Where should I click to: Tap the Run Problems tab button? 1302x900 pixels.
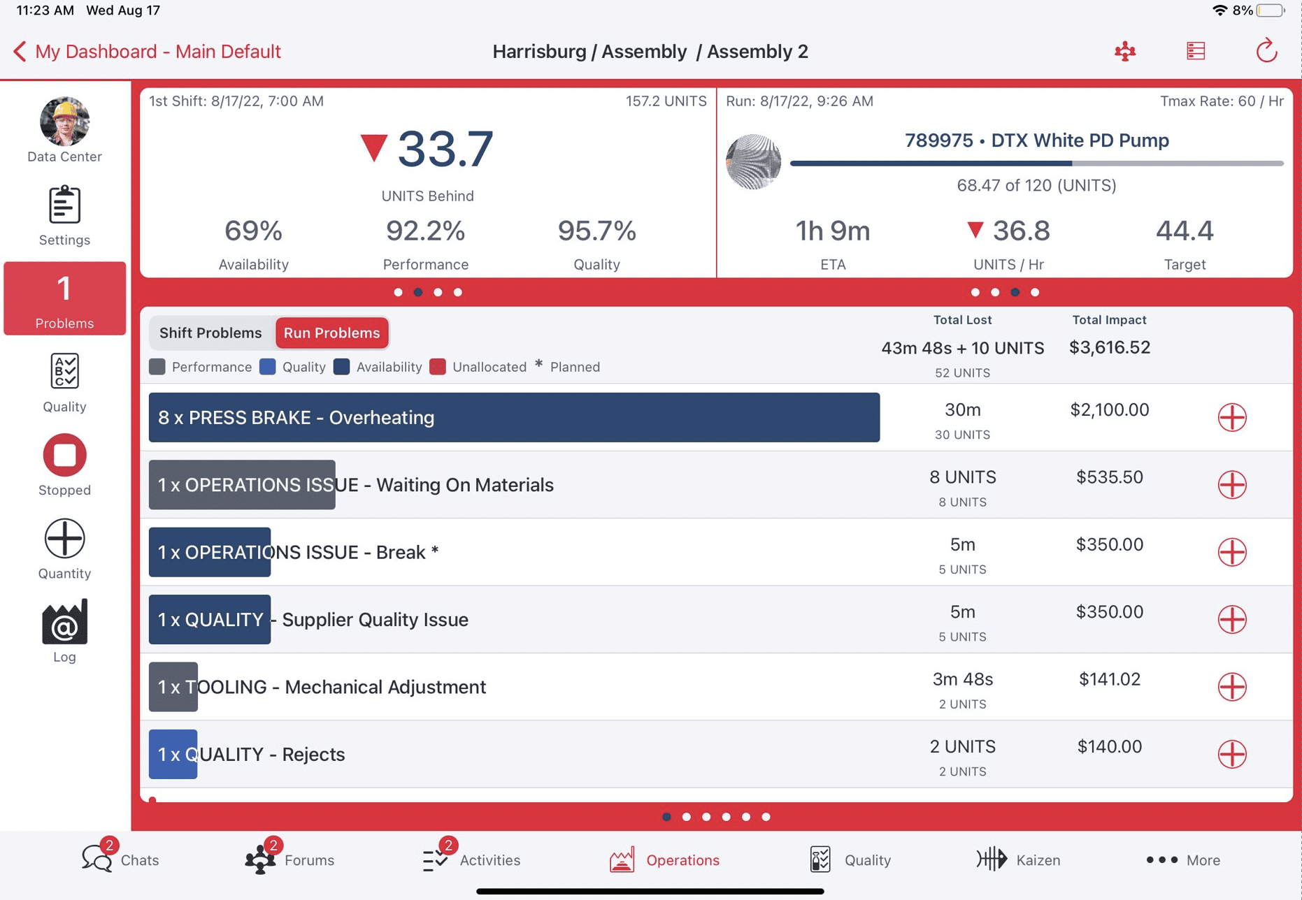click(331, 333)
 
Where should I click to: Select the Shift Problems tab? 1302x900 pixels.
click(210, 333)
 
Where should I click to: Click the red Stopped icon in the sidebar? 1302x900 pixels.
click(64, 456)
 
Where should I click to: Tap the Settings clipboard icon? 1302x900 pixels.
click(64, 205)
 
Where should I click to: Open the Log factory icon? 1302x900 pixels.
click(64, 622)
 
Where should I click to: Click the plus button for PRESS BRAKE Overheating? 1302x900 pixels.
click(1231, 418)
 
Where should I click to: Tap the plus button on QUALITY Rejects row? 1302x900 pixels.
click(1231, 755)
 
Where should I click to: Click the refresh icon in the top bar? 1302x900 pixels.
click(1266, 51)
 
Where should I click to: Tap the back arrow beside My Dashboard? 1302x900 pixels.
click(20, 52)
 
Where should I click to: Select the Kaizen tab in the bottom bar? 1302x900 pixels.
click(1018, 860)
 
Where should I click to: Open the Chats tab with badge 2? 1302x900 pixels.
click(120, 859)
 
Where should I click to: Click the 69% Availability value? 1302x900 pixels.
click(253, 231)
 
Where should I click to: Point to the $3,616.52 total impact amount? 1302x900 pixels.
click(1109, 347)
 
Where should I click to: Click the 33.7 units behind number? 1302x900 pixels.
click(445, 150)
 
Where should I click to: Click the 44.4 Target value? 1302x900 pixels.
click(1184, 231)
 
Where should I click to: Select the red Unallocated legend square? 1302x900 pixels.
click(438, 367)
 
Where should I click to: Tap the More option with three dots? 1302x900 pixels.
click(1183, 860)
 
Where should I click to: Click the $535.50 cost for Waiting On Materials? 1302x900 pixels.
click(1109, 477)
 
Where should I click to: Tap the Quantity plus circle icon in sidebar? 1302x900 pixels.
click(64, 539)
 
